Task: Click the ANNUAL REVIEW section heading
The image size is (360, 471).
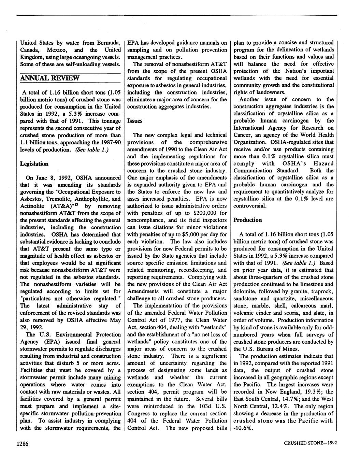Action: [x=50, y=78]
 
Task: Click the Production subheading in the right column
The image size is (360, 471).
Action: [x=247, y=220]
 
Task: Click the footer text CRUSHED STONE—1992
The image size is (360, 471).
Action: [x=310, y=443]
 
